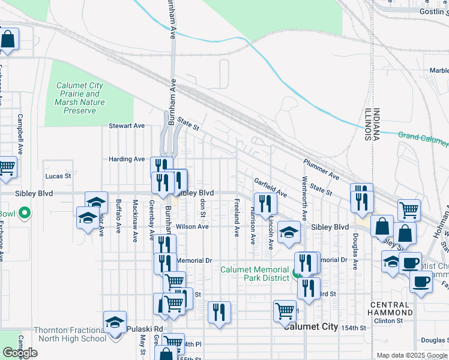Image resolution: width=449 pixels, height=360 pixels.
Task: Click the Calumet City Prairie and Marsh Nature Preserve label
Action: tap(80, 98)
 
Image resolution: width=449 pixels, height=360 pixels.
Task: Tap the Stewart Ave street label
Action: tap(127, 126)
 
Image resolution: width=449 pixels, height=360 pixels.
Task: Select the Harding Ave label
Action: tap(127, 159)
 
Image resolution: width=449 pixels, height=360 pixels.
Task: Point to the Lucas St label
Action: tap(58, 176)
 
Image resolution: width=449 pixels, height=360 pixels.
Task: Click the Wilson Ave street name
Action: tap(192, 227)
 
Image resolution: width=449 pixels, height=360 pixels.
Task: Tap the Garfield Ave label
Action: tap(270, 187)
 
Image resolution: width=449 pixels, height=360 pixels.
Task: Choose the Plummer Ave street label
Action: tap(321, 170)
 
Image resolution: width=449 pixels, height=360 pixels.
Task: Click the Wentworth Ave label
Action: tap(305, 198)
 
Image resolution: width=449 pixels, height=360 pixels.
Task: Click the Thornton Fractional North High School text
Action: tap(70, 334)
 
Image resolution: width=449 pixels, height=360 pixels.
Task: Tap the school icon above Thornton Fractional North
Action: tap(115, 322)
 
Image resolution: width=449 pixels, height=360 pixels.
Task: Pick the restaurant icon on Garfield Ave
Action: tap(263, 202)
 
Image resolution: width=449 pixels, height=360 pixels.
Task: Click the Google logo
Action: tap(20, 353)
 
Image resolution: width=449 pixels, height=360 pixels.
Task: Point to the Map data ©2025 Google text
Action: tap(412, 356)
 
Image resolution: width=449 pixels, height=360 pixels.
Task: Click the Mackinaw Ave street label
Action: tap(135, 220)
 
